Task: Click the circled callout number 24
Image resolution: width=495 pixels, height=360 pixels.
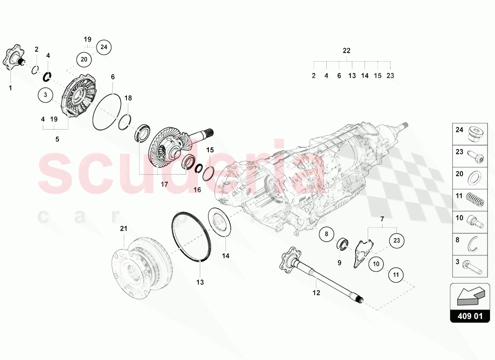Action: (104, 47)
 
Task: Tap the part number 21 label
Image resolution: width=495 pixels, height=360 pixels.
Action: (124, 229)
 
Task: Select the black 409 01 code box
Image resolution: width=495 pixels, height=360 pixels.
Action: (469, 316)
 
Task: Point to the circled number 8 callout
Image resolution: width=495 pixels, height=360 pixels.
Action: (327, 234)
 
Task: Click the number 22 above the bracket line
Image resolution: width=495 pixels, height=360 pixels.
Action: (346, 51)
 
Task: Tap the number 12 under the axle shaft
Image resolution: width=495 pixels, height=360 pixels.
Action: (316, 293)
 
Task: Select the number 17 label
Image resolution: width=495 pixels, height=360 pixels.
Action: (164, 184)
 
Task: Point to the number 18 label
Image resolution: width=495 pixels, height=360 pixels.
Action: (128, 98)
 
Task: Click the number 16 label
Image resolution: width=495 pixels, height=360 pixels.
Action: (197, 190)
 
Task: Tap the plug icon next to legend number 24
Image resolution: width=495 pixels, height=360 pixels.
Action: (477, 134)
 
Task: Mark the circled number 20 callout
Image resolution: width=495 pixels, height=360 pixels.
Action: (84, 59)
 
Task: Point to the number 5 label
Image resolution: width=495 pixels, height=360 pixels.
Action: (57, 139)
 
